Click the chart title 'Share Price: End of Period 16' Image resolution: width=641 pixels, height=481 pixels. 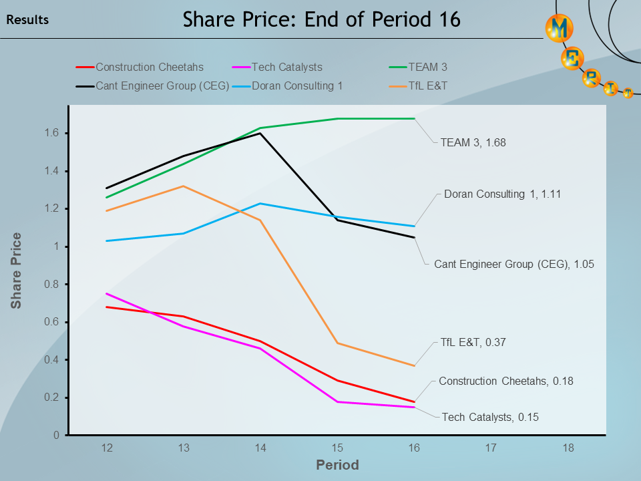tap(321, 19)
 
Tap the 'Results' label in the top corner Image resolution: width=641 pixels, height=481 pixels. tap(27, 20)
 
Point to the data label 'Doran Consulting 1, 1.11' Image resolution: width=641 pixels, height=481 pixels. tap(502, 194)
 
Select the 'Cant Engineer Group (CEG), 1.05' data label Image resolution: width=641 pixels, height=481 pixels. tap(513, 264)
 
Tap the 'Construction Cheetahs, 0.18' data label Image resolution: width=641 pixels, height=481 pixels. tap(505, 381)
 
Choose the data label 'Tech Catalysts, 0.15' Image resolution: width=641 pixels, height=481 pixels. tap(489, 417)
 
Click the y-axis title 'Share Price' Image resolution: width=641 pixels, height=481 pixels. tap(16, 271)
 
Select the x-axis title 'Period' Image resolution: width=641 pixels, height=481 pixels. tap(337, 465)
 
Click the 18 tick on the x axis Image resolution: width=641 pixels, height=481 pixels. tap(568, 447)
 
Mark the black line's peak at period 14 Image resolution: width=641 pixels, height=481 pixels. tap(260, 133)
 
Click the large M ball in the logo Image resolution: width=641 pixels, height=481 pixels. tap(560, 27)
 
